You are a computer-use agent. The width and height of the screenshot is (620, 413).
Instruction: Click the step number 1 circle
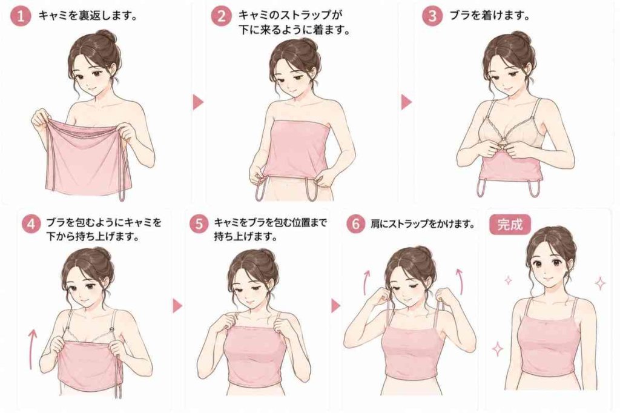(20, 16)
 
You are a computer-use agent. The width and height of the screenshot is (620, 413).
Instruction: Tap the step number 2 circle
(220, 16)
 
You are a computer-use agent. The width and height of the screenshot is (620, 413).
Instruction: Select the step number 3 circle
(432, 16)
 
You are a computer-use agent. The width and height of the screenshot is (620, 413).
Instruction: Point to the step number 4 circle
(31, 223)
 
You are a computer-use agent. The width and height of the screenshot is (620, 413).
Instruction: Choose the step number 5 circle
(199, 223)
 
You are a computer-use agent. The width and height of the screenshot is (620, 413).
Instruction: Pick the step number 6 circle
(356, 223)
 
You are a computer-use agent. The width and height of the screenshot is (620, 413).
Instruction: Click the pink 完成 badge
(510, 224)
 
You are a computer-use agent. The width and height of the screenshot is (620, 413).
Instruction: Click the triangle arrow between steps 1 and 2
(198, 102)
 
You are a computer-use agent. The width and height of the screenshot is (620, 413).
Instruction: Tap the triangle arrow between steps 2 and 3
(406, 102)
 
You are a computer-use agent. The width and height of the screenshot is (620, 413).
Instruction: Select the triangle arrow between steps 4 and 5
(177, 305)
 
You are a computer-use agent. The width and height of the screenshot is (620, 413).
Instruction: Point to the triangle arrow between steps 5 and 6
(335, 305)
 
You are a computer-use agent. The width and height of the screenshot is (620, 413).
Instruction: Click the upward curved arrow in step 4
(31, 349)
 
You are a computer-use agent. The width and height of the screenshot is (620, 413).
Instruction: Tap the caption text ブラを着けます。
(490, 16)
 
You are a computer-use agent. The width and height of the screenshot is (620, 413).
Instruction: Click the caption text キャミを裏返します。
(88, 16)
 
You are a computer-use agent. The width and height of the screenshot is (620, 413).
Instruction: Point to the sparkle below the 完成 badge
(508, 280)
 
